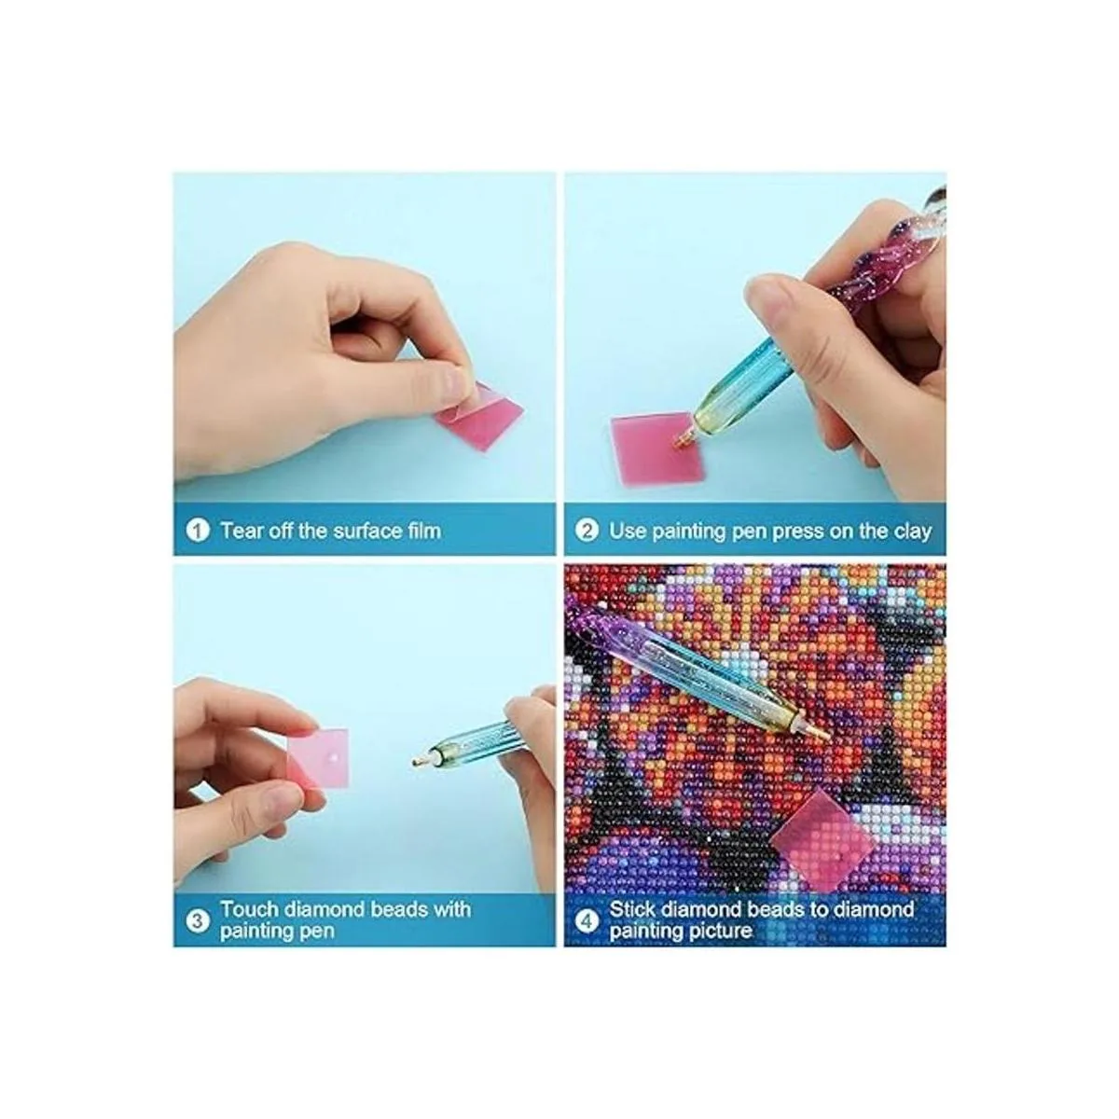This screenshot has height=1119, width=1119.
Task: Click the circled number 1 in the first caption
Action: click(x=198, y=531)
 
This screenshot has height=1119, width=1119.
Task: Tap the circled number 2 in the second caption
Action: click(x=587, y=531)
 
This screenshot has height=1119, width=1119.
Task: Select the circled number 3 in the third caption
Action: click(x=198, y=920)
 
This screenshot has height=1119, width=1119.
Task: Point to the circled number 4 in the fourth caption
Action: click(x=588, y=920)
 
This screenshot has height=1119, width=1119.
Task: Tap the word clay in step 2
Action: click(x=912, y=532)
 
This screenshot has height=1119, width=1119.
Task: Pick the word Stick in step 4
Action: click(x=632, y=909)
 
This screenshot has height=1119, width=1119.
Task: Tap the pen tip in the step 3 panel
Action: click(x=417, y=761)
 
